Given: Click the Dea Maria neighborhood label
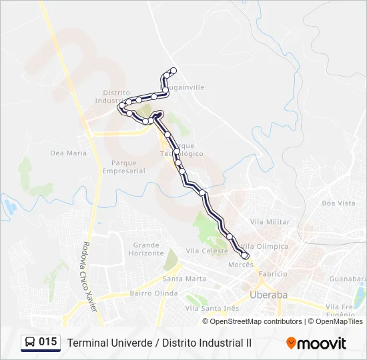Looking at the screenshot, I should (x=69, y=153).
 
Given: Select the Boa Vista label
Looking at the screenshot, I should (x=338, y=203).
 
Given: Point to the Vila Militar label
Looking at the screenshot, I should (x=270, y=221).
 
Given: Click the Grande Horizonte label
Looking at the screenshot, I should (x=146, y=249).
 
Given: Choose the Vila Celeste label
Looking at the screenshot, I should (x=202, y=251).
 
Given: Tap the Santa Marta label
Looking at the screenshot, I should (x=184, y=279).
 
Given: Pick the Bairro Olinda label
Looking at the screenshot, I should (x=153, y=293).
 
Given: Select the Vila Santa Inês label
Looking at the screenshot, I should (x=212, y=308).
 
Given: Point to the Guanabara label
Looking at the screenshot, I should (x=348, y=279).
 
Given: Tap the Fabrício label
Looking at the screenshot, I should (x=272, y=274).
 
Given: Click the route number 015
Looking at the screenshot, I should (x=47, y=342).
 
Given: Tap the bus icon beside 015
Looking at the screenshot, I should (x=30, y=343).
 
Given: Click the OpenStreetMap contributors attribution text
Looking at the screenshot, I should (x=255, y=321).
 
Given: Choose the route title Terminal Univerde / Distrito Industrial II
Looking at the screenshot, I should (x=159, y=343).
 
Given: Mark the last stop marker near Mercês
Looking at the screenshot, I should (x=245, y=256).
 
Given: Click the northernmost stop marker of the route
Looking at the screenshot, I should (x=173, y=71).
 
